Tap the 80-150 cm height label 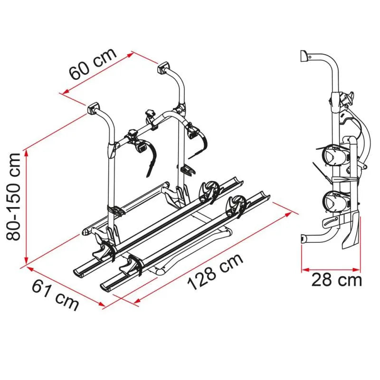(14, 197)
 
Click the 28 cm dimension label (336, 280)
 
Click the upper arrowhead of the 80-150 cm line (26, 152)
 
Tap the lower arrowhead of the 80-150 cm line (26, 261)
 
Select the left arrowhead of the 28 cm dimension (304, 269)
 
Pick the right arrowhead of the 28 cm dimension (357, 269)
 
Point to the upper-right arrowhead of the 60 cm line (131, 55)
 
